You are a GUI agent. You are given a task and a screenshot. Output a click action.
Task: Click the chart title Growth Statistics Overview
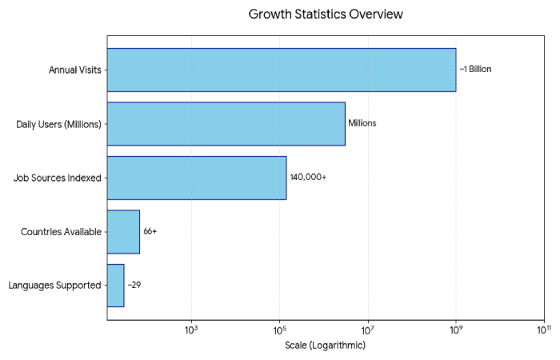(326, 14)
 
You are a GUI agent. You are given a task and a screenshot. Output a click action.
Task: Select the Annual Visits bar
(281, 70)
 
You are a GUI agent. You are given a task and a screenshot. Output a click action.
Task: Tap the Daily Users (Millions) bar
(226, 123)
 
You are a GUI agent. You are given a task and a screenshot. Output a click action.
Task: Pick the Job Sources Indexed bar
(196, 178)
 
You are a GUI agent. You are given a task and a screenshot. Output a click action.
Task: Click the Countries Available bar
(123, 232)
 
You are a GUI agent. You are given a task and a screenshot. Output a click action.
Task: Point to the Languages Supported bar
(115, 286)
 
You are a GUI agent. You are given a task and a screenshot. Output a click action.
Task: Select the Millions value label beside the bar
(362, 123)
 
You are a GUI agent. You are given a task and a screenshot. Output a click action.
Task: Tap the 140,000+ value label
(308, 178)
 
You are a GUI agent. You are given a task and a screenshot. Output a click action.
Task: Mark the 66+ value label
(150, 232)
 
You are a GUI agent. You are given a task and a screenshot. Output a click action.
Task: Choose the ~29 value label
(134, 286)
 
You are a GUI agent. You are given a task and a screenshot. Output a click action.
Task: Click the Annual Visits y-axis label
(74, 70)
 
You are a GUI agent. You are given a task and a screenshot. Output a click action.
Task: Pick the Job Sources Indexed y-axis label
(58, 178)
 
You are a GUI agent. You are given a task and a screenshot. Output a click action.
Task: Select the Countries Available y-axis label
(61, 232)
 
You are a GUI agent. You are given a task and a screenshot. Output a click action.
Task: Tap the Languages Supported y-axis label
(54, 286)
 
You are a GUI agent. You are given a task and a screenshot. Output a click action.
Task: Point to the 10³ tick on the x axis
(191, 329)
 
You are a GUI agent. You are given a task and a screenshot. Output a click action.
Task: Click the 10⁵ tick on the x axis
(279, 329)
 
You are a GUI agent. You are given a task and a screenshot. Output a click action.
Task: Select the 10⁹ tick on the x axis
(455, 329)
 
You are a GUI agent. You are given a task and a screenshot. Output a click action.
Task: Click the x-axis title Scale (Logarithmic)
(325, 346)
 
